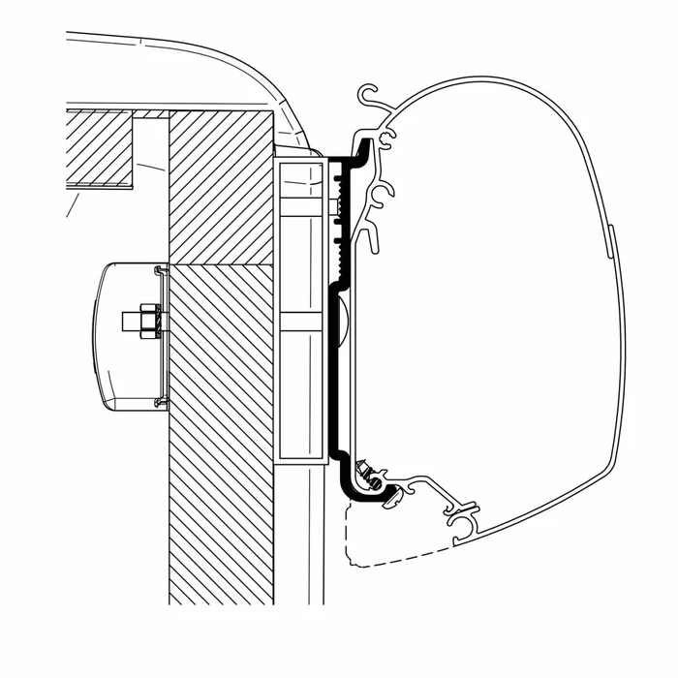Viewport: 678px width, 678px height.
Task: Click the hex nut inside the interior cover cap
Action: click(146, 321)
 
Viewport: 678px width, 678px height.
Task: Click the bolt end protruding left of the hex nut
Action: click(129, 321)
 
